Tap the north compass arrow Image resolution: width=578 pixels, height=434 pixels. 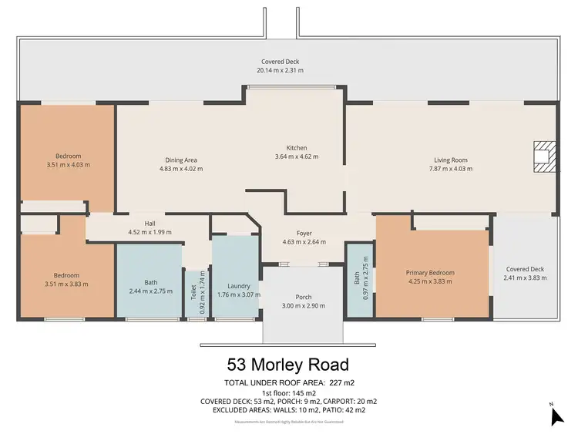click(x=557, y=416)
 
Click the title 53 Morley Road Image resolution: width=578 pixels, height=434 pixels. click(x=288, y=363)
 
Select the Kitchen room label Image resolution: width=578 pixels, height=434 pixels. click(x=297, y=148)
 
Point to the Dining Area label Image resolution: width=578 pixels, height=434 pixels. click(x=181, y=160)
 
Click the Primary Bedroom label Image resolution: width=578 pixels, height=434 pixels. click(x=430, y=273)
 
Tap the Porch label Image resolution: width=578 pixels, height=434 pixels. click(x=304, y=297)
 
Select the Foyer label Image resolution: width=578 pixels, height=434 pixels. click(x=304, y=233)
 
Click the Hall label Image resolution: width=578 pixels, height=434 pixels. click(x=139, y=224)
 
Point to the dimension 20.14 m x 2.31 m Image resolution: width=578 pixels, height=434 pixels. click(x=280, y=70)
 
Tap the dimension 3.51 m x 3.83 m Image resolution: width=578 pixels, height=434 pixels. click(x=66, y=284)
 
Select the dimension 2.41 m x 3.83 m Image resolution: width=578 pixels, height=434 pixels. click(x=524, y=278)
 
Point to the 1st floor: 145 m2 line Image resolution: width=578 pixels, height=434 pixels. click(x=288, y=392)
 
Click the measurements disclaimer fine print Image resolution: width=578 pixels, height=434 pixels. click(x=288, y=420)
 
